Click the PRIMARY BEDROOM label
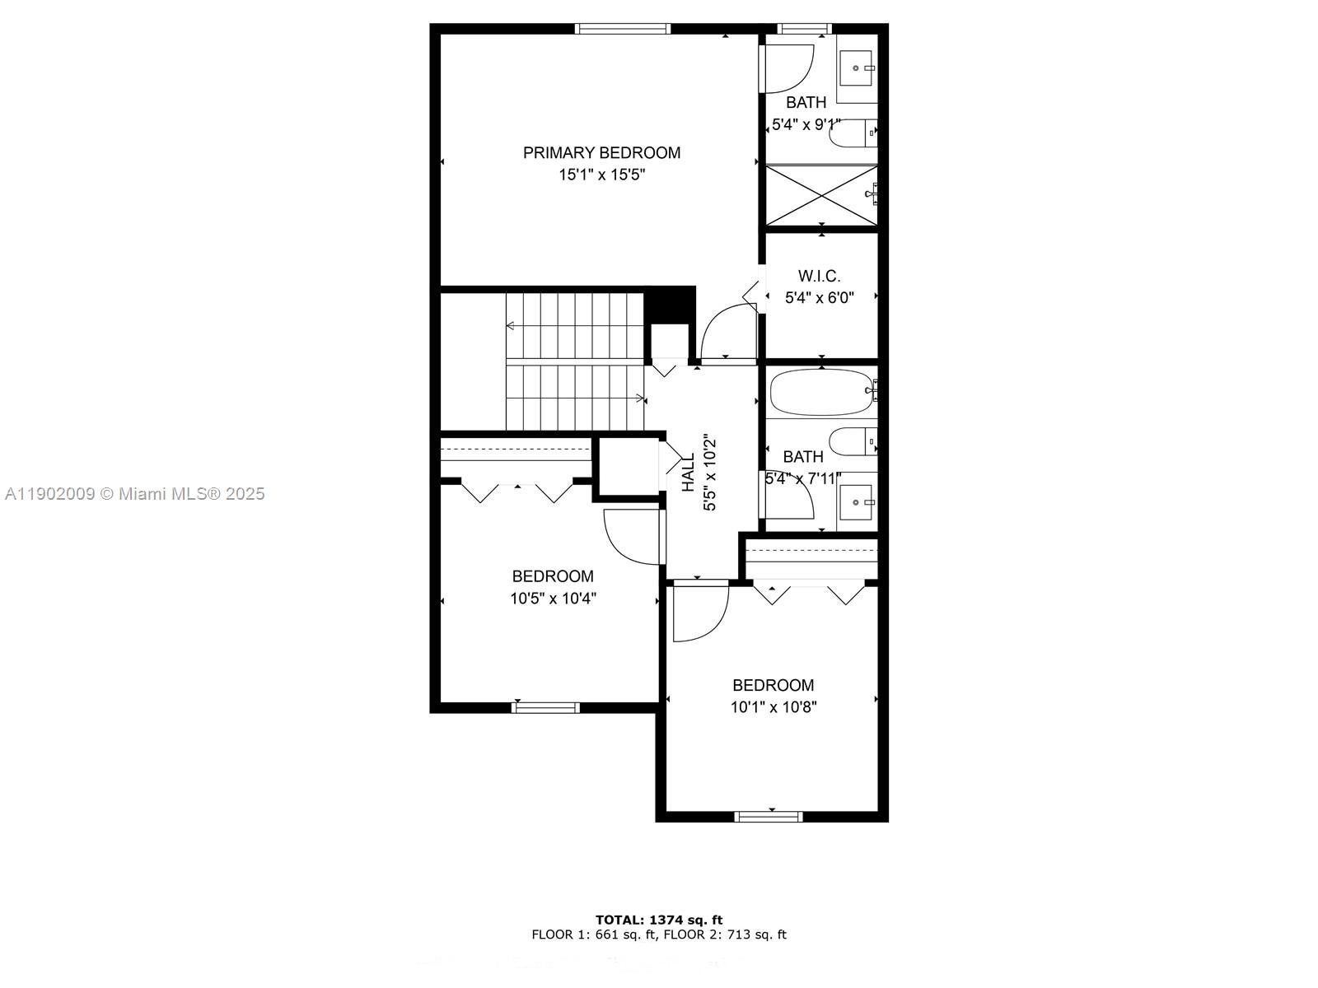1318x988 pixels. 601,152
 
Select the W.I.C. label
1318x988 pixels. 819,276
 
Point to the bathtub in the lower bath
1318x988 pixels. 820,392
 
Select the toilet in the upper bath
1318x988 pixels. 853,133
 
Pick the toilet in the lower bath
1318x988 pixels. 853,441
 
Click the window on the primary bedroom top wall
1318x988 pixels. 623,29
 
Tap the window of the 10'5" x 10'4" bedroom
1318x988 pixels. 545,707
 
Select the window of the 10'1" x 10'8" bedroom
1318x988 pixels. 769,817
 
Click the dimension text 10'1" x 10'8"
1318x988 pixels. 773,706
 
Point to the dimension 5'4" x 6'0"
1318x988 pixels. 819,298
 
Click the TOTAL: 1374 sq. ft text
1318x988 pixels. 659,920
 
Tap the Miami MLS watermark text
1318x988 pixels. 134,494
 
